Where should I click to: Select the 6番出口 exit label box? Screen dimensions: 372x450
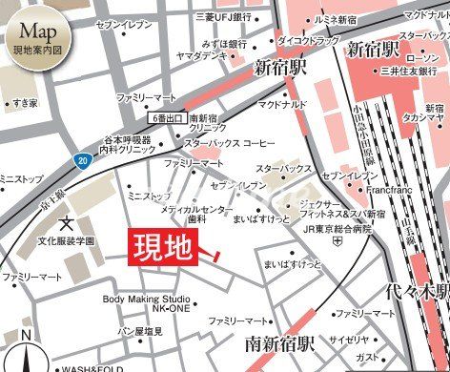pos(171,116)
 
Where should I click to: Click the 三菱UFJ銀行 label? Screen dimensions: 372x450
pos(224,16)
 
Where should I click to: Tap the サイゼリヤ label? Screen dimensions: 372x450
pos(350,340)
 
